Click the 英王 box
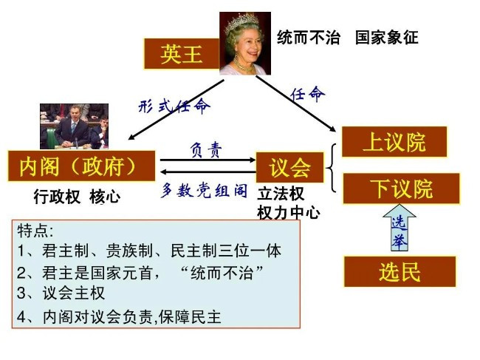coord(182,54)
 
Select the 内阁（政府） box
coord(81,166)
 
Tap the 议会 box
coord(289,167)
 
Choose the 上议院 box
coord(394,142)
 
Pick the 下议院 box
coord(401,189)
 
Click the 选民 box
coord(400,272)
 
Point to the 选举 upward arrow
coord(400,228)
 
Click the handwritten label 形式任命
coord(174,106)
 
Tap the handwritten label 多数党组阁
coord(204,190)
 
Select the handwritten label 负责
coord(206,150)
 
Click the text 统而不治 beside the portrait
coord(309,38)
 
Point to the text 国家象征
coord(387,38)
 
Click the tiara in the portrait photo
coord(241,22)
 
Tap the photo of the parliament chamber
coord(74,126)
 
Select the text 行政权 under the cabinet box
coord(57,197)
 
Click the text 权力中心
coord(289,213)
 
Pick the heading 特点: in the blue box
coord(35,231)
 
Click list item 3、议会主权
coord(61,293)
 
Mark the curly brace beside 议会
coord(332,168)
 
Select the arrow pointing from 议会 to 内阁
coord(208,172)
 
